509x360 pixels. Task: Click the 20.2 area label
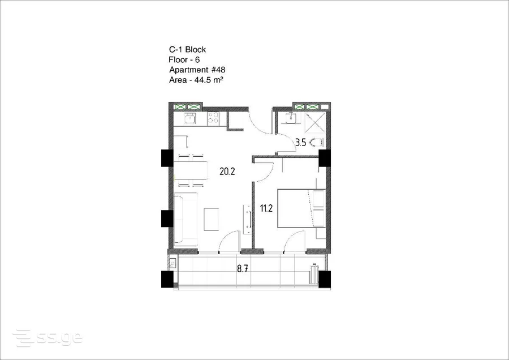pyautogui.click(x=227, y=172)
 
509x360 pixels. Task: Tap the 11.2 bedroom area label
pyautogui.click(x=266, y=208)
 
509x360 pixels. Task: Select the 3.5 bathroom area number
pyautogui.click(x=301, y=142)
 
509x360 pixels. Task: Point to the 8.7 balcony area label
pyautogui.click(x=243, y=269)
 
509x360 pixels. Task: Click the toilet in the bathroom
pyautogui.click(x=317, y=142)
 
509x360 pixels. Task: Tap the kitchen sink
pyautogui.click(x=190, y=118)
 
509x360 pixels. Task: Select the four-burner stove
pyautogui.click(x=213, y=118)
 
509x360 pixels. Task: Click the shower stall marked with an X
pyautogui.click(x=315, y=122)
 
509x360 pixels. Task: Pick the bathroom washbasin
pyautogui.click(x=291, y=118)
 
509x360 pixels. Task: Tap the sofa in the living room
pyautogui.click(x=186, y=219)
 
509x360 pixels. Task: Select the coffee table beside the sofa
pyautogui.click(x=212, y=219)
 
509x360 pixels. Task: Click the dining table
pyautogui.click(x=191, y=170)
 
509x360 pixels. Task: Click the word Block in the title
pyautogui.click(x=196, y=49)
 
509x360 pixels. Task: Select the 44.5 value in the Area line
pyautogui.click(x=202, y=80)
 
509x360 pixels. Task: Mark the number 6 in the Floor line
pyautogui.click(x=197, y=60)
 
